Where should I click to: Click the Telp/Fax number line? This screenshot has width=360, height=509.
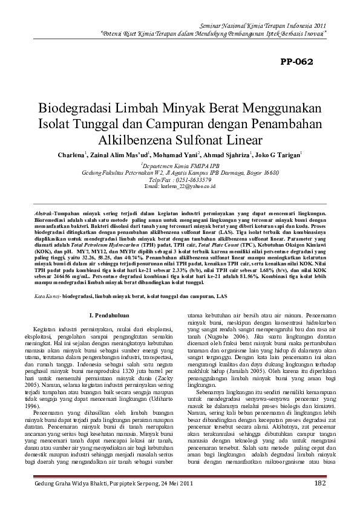click(x=180, y=180)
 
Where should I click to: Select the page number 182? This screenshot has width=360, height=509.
click(x=321, y=484)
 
